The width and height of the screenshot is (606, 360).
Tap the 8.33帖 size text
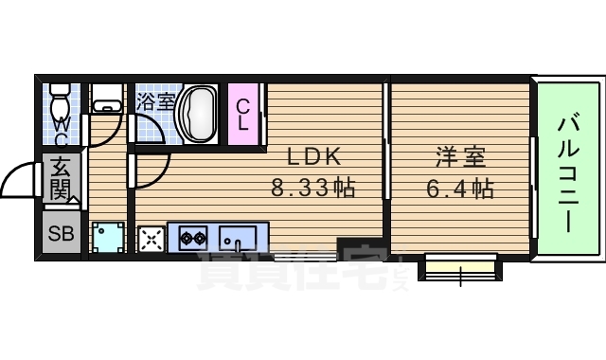[312, 188]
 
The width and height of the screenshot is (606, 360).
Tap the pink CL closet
[243, 116]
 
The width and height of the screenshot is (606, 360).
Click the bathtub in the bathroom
[200, 114]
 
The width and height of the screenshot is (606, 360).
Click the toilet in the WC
[60, 99]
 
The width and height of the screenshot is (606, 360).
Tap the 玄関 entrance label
[60, 177]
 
